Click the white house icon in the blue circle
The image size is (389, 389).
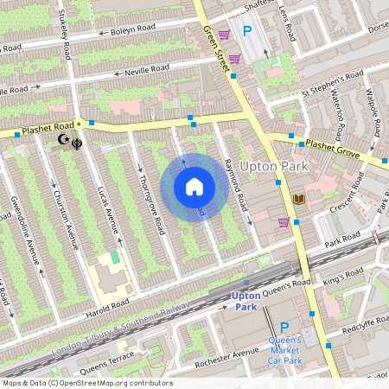click(194, 186)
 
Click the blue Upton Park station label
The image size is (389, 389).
click(246, 301)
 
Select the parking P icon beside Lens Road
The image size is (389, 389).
click(247, 32)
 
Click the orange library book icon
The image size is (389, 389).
click(299, 199)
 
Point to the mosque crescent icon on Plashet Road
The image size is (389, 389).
click(62, 139)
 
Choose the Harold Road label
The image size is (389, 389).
click(107, 304)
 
